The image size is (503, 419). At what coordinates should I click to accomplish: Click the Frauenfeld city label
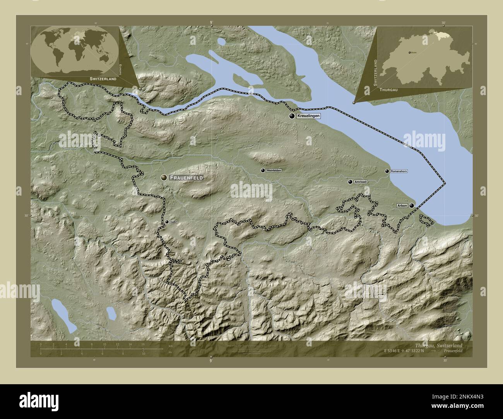pos(186,177)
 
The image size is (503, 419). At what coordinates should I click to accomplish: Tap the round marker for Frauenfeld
pos(164,177)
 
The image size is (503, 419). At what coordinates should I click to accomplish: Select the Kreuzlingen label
pos(309,116)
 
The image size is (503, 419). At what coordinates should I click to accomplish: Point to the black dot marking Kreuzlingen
pos(292,116)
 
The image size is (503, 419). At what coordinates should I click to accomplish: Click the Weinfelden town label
pos(274,170)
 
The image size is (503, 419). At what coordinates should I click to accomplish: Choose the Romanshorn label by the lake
pos(399,171)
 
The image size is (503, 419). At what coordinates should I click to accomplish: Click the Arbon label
pos(402,206)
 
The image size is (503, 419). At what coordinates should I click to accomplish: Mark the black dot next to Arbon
pos(412,206)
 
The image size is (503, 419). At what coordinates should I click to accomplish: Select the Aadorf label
pos(174,222)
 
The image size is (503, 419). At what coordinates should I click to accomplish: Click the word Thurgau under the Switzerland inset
pos(388,89)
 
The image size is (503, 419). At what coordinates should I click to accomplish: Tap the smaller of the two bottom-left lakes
pos(112,313)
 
